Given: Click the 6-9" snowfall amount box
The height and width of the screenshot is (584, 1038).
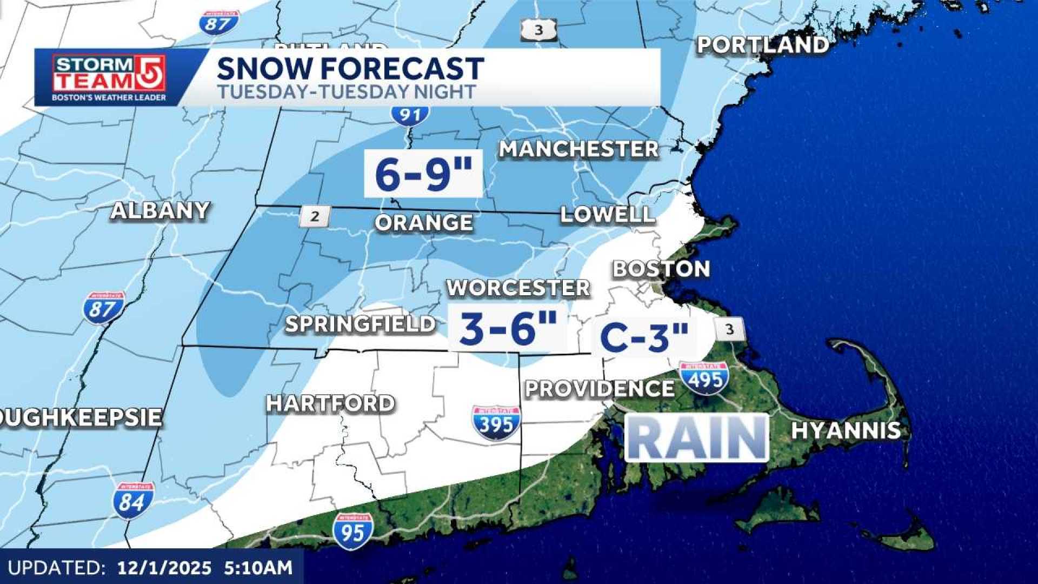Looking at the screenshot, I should (x=423, y=174).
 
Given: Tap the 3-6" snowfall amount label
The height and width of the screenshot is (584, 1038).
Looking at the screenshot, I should (x=507, y=328).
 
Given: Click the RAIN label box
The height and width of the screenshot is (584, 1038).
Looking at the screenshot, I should (x=696, y=438).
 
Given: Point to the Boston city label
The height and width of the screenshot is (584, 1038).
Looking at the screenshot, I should (x=661, y=269).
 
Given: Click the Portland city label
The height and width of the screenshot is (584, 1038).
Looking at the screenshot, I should (x=762, y=45).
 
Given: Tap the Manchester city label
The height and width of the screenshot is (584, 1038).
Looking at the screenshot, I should (x=578, y=149).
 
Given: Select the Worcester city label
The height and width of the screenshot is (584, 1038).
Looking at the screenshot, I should (x=518, y=288).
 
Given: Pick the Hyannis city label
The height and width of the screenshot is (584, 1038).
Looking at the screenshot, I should (x=846, y=430).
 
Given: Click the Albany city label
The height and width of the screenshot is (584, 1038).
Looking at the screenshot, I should (x=160, y=210).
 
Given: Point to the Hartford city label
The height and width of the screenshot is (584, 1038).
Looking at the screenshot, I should (x=330, y=403).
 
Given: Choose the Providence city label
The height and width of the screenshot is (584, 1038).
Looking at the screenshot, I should (x=600, y=389).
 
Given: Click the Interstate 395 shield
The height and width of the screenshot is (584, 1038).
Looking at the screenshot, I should (x=496, y=423).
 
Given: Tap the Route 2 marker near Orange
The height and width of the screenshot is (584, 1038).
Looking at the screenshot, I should (x=315, y=217).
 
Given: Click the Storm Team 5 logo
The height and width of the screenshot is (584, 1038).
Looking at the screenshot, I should (x=109, y=77).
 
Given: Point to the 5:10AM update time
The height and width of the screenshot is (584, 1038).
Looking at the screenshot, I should (x=258, y=568).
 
